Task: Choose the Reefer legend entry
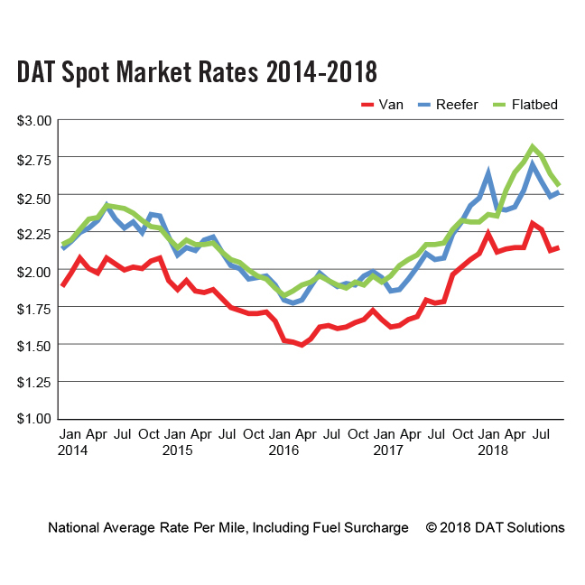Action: point(456,104)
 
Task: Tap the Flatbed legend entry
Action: point(533,104)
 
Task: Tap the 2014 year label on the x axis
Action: point(74,449)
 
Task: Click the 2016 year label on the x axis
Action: point(283,449)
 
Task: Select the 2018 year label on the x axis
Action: point(491,449)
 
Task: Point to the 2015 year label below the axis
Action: point(178,449)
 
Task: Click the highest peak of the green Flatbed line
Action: point(533,146)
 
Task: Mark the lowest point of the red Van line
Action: point(301,345)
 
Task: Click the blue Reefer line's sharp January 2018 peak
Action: point(488,172)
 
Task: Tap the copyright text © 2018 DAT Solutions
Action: point(495,527)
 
